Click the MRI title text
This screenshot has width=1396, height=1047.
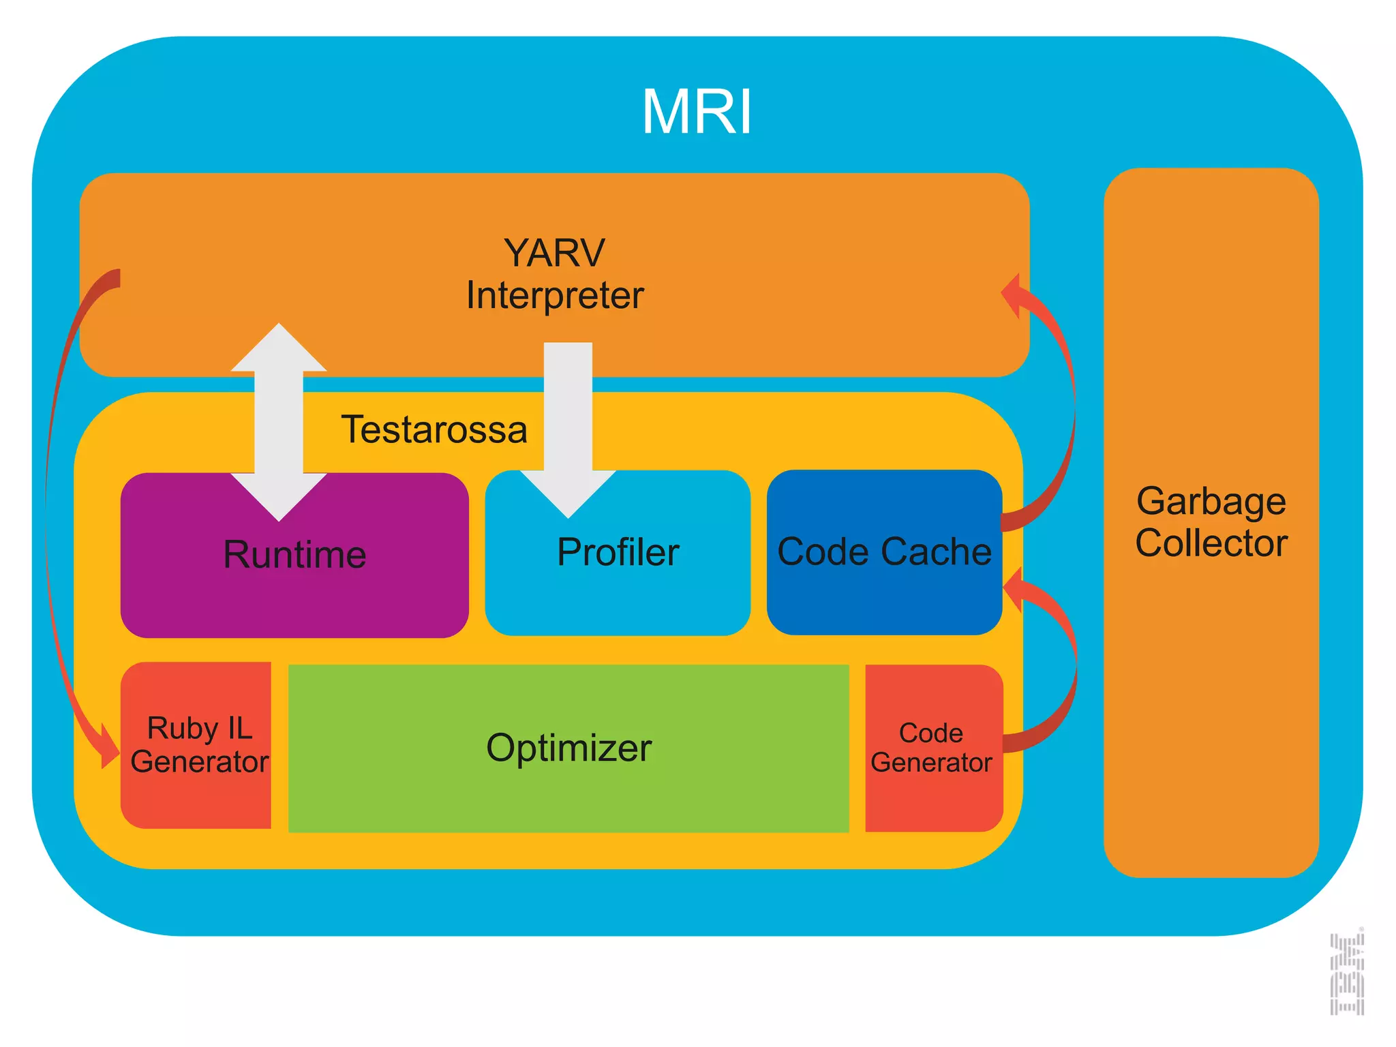tap(697, 112)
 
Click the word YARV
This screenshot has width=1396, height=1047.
tap(554, 253)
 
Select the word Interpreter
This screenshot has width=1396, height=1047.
tap(555, 296)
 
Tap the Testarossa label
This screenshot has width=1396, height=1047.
tap(434, 430)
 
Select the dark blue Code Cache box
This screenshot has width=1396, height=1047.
tap(884, 586)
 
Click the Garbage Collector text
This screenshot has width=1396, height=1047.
tap(1211, 522)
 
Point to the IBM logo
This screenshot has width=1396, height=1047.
tap(1347, 973)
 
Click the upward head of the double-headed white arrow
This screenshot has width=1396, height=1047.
tap(279, 348)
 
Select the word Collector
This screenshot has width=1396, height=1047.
tap(1211, 543)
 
